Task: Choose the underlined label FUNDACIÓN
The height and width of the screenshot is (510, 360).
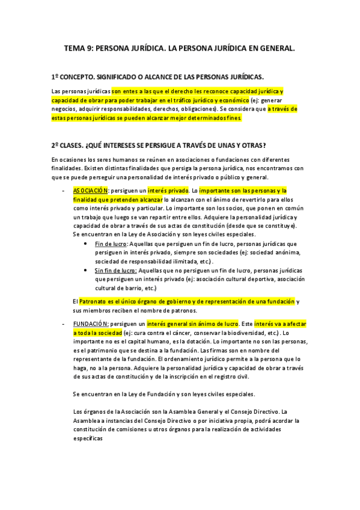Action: [x=91, y=324]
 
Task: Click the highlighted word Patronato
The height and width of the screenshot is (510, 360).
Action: [x=95, y=301]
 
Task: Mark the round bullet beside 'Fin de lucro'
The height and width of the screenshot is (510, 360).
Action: [x=88, y=244]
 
